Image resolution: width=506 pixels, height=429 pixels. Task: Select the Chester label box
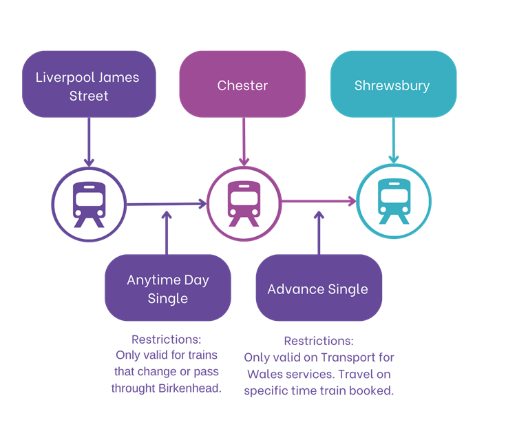[242, 85]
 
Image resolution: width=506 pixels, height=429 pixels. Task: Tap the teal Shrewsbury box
[392, 85]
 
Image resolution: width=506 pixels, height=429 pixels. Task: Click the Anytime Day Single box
[167, 289]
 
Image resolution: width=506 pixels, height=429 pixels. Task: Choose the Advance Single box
[318, 289]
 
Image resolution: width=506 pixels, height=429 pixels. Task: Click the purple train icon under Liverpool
[89, 204]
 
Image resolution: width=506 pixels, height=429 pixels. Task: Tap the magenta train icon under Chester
[243, 204]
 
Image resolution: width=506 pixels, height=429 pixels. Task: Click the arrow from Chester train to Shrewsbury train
[318, 202]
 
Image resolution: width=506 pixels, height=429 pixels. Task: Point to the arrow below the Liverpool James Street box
[89, 142]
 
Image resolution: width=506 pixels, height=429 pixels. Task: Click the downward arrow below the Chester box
[243, 142]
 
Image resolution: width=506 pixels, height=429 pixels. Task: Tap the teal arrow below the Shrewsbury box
[393, 142]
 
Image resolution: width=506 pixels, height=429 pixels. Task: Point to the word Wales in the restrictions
[262, 375]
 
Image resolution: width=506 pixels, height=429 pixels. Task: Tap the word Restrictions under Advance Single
[319, 341]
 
